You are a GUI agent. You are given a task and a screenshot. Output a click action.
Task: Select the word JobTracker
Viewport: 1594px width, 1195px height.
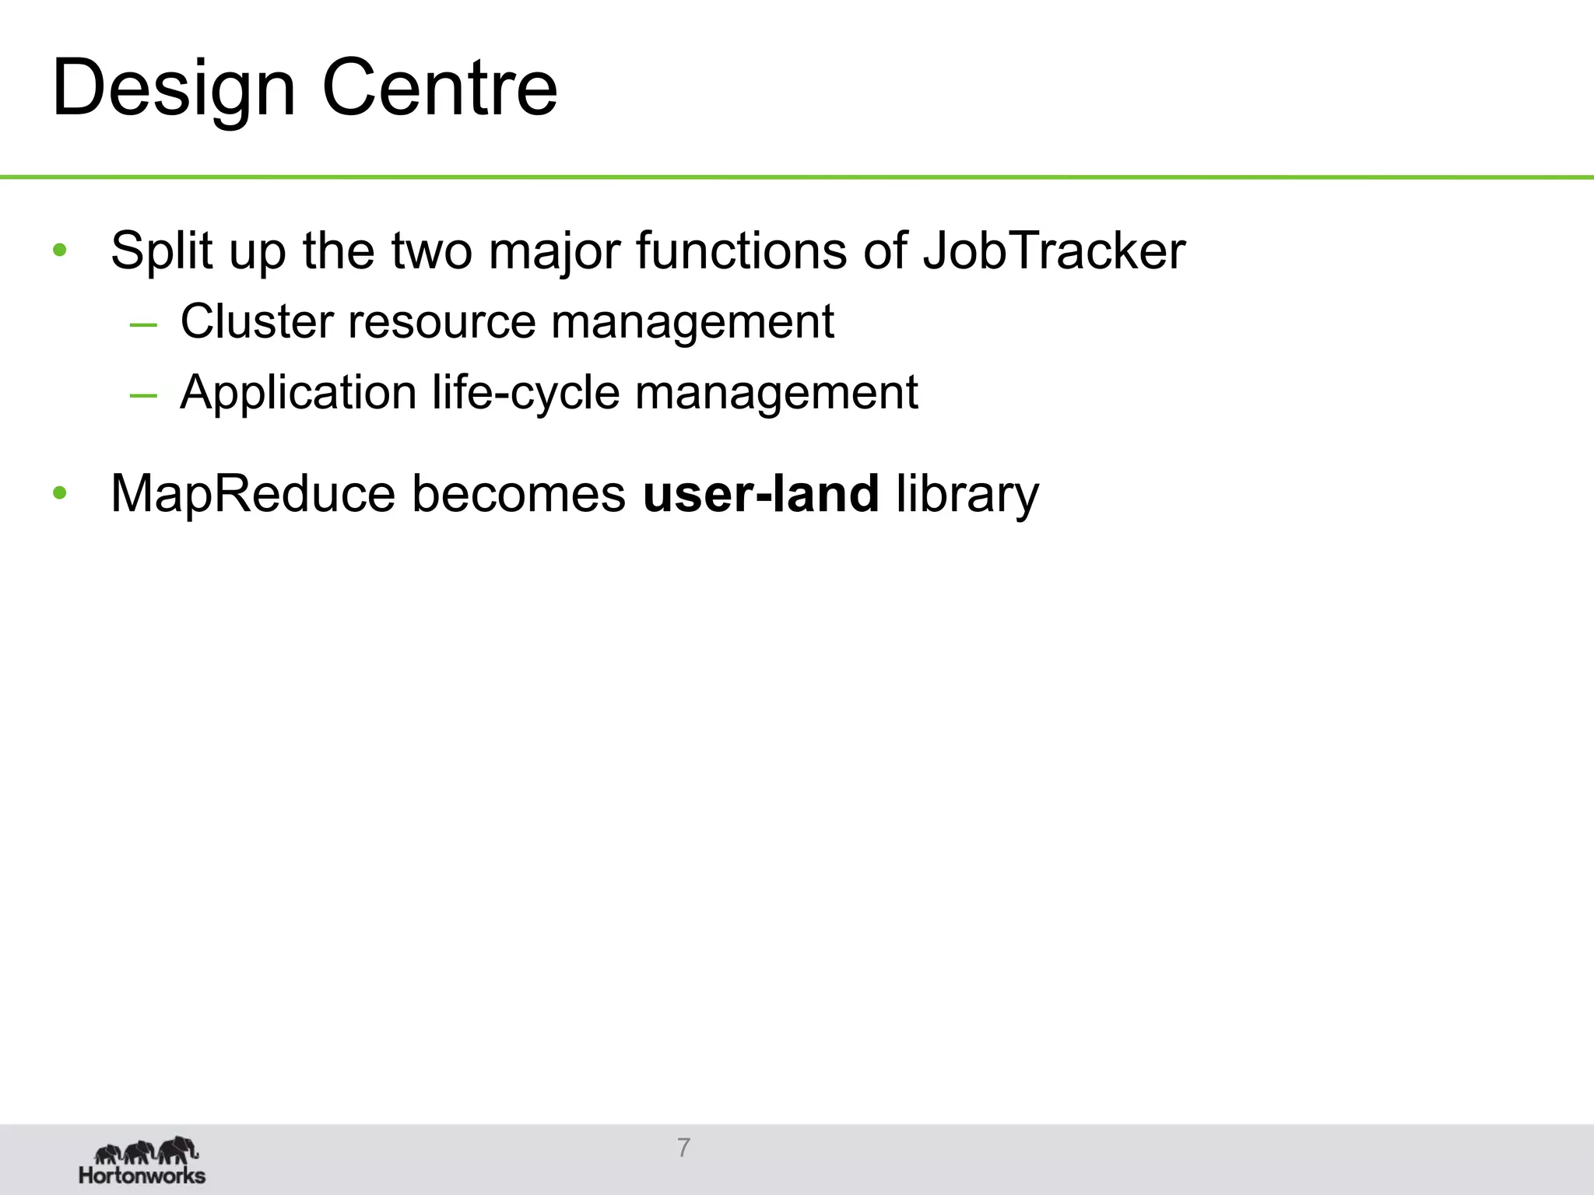click(1054, 251)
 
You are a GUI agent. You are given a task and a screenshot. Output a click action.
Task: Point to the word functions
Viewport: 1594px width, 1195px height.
click(741, 251)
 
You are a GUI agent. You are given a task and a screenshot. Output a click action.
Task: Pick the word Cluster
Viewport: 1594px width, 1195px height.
click(257, 321)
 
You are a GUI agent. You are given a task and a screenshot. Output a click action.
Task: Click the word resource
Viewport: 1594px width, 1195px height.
click(442, 321)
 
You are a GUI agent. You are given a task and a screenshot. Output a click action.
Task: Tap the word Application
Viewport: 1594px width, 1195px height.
click(298, 391)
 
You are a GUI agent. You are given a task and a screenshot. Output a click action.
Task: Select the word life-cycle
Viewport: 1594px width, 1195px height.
click(526, 391)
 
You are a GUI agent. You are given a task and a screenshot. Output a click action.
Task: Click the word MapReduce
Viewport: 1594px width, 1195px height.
click(252, 493)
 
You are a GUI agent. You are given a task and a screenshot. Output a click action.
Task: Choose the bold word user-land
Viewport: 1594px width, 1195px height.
click(760, 493)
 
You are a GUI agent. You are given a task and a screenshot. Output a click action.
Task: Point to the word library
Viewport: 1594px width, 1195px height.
click(967, 495)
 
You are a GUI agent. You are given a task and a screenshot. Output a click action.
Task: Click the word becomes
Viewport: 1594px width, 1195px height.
click(518, 493)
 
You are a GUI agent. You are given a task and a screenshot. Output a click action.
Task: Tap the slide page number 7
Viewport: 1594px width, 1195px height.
click(683, 1148)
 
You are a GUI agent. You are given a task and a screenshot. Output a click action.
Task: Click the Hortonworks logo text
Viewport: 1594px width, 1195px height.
click(142, 1175)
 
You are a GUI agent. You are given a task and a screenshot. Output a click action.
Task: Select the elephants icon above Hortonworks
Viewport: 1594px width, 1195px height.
click(146, 1150)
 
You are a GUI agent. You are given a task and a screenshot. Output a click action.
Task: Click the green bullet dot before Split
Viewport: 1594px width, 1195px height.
click(60, 251)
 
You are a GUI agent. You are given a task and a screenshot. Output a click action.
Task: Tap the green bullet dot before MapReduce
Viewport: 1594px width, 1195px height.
click(60, 493)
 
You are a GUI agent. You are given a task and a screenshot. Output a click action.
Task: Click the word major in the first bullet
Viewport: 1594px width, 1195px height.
click(554, 251)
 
